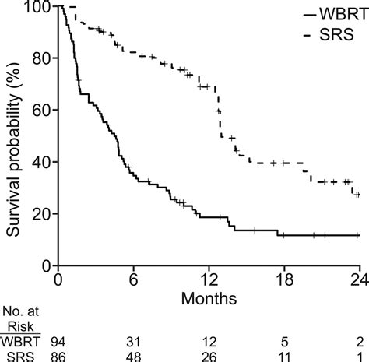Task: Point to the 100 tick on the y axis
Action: click(x=37, y=8)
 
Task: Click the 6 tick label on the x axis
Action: click(x=133, y=280)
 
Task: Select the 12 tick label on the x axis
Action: click(x=208, y=280)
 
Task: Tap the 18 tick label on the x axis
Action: click(x=283, y=280)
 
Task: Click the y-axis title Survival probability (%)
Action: click(x=13, y=136)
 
